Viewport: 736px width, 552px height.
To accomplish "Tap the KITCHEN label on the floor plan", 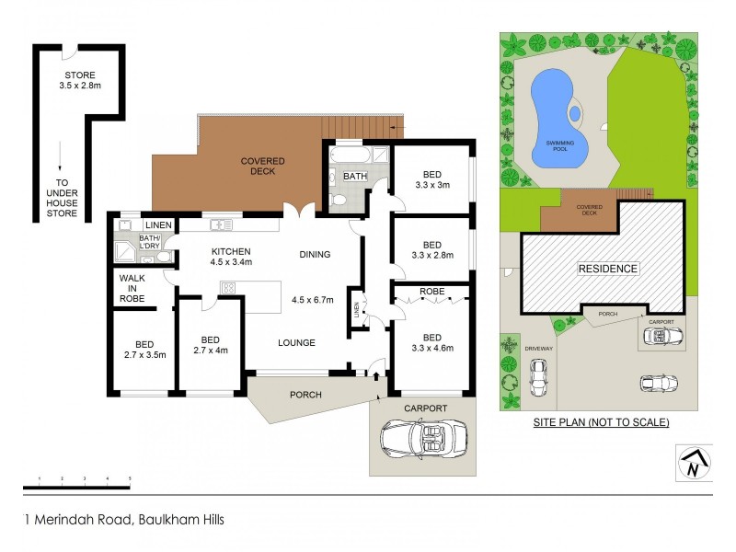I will click(230, 258).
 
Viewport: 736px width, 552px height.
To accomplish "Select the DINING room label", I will click(315, 255).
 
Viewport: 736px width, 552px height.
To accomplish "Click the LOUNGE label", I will click(296, 342).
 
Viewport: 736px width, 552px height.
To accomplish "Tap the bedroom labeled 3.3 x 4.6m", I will click(431, 342).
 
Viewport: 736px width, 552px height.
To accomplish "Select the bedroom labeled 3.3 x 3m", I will click(431, 179).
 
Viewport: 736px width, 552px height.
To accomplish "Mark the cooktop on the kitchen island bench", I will click(228, 287).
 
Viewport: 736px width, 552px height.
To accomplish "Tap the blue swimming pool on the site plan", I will click(552, 115).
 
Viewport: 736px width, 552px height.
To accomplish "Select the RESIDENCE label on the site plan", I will click(607, 269).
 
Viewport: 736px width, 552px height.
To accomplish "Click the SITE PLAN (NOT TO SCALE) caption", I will click(601, 422).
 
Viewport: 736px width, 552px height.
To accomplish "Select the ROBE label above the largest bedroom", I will click(431, 293).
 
